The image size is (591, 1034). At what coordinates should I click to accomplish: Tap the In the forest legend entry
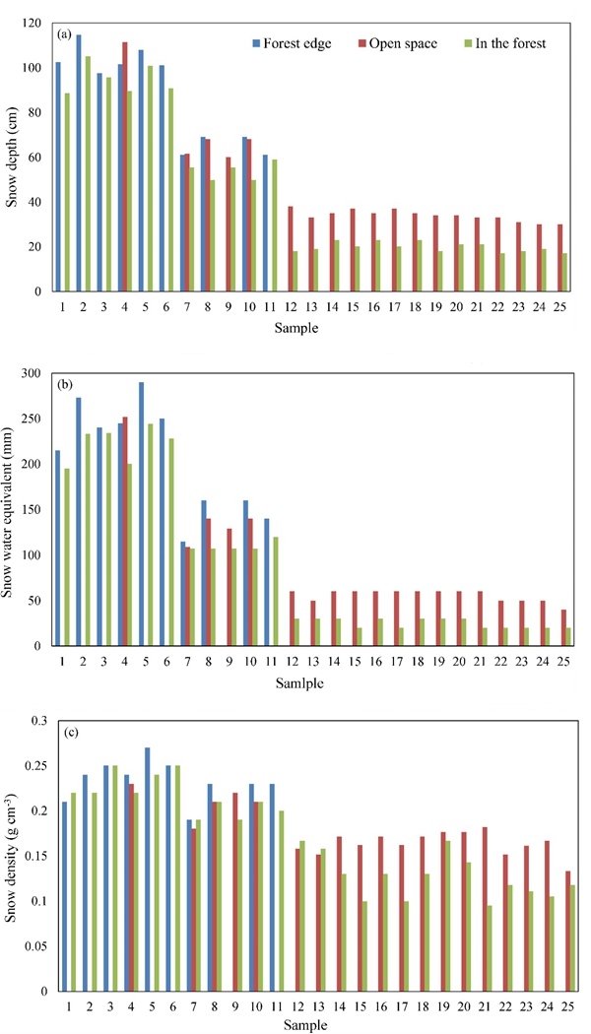coord(506,42)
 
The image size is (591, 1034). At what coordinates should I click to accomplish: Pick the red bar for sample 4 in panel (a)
coord(125,166)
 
